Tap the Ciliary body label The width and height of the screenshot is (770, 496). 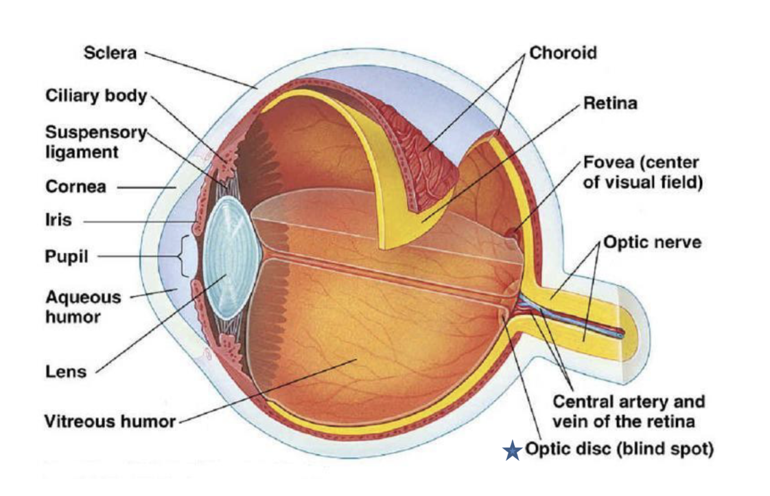click(97, 95)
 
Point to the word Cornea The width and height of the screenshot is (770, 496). click(75, 186)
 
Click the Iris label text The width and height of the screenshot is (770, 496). click(59, 221)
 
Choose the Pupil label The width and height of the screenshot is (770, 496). click(67, 257)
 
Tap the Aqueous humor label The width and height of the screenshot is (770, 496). click(82, 307)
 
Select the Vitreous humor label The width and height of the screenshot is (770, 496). click(110, 420)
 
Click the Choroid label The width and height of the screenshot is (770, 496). click(563, 53)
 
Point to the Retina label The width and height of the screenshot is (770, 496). click(610, 104)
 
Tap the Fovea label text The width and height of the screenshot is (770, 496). click(642, 174)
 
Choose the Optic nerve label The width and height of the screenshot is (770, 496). click(652, 243)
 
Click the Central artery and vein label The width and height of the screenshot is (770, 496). click(628, 410)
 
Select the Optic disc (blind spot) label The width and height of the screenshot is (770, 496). click(619, 450)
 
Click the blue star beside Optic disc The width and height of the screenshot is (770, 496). click(512, 451)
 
